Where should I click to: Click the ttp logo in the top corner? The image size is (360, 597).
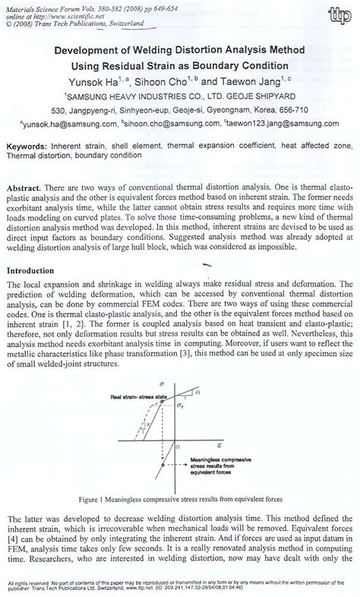click(x=334, y=16)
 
